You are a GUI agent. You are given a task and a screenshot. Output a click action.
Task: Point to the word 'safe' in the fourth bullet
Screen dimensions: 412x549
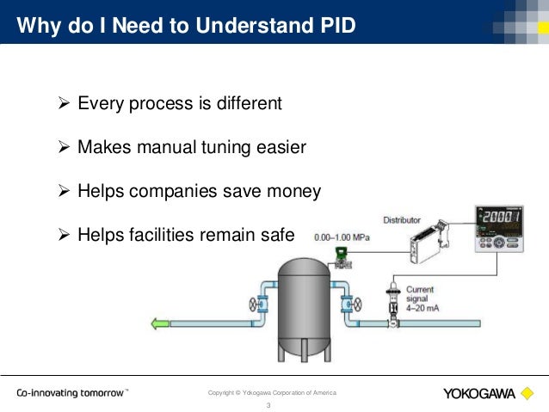(x=276, y=233)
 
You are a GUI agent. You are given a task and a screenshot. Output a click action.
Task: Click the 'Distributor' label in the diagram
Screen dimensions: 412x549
(x=402, y=220)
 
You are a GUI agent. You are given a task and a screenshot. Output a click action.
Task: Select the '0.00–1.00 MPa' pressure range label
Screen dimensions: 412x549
(x=342, y=237)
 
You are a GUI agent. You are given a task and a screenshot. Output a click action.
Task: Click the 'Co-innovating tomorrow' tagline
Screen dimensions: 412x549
(x=73, y=393)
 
